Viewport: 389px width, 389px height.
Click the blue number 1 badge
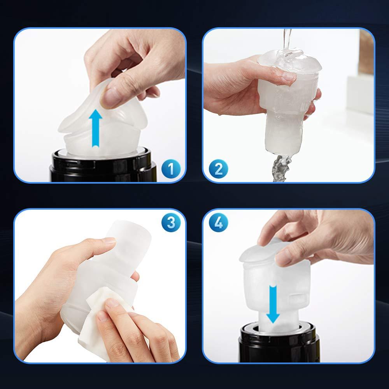(171, 169)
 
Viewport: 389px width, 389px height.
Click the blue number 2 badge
(218, 169)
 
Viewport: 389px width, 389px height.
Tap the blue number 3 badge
(171, 222)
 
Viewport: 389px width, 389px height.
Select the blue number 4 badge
(218, 222)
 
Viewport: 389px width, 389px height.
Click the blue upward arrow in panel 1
(95, 128)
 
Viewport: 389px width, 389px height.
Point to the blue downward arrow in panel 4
(273, 304)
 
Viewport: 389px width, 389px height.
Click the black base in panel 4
(279, 343)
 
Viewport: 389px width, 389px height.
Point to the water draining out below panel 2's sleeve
(280, 169)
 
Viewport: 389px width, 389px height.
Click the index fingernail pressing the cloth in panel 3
(113, 303)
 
